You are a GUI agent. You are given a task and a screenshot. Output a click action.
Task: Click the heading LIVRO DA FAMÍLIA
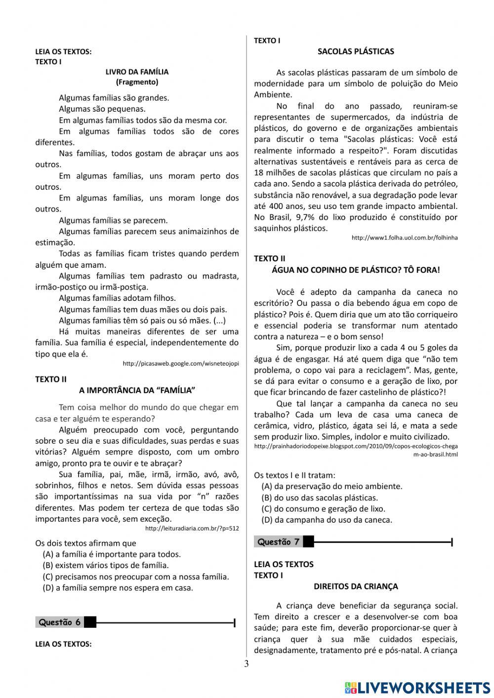pos(137,72)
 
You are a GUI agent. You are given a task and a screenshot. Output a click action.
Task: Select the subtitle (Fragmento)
pos(137,82)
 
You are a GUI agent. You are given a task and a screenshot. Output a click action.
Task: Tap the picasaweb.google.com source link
pos(180,364)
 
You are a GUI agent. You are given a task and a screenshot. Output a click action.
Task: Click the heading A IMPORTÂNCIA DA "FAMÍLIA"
pos(137,390)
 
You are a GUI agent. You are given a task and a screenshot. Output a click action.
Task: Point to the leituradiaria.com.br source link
pos(192,529)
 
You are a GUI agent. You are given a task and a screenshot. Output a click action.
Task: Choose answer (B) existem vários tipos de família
pos(106,565)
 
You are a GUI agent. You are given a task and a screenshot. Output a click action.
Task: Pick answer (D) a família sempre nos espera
pos(118,587)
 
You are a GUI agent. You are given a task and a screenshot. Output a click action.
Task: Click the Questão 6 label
pos(59,622)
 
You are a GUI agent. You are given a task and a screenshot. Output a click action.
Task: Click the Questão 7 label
pos(278,542)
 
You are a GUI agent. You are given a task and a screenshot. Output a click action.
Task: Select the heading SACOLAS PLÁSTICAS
pos(356,51)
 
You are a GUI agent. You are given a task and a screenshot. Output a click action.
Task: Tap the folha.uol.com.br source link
pos(404,238)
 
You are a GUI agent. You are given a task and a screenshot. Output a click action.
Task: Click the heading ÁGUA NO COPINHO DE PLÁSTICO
pos(356,270)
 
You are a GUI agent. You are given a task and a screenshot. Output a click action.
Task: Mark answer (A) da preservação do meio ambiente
pos(331,486)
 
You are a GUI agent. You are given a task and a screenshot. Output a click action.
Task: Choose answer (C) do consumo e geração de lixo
pos(323,508)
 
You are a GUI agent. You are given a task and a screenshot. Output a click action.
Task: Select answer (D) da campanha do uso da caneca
pos(327,520)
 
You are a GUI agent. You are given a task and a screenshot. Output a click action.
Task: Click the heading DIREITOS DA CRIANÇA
pos(356,586)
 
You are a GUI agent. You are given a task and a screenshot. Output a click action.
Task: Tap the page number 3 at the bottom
pos(247,663)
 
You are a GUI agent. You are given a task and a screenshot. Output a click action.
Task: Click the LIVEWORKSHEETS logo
pos(417,688)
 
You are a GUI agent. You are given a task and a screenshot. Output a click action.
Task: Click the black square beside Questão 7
pos(308,542)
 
